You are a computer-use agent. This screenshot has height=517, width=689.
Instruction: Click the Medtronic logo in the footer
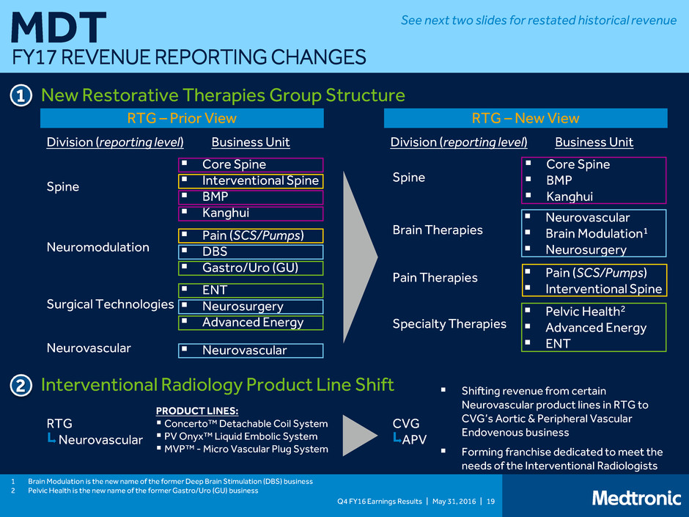[637, 498]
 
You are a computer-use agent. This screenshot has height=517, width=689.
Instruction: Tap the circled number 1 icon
[21, 96]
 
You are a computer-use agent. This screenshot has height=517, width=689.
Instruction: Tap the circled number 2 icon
[21, 386]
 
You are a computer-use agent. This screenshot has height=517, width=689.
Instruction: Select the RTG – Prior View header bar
[182, 118]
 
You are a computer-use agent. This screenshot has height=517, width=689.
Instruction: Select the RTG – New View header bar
[526, 118]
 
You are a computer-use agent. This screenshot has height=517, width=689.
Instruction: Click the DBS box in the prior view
[251, 252]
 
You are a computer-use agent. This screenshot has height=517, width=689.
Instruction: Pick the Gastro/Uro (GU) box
[251, 268]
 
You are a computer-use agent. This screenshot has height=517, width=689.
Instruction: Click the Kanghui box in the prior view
[251, 213]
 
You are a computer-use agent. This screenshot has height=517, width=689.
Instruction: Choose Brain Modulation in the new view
[597, 233]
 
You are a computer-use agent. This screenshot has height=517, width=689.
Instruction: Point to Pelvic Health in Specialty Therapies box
[585, 311]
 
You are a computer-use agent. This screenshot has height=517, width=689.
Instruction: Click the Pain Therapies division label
[435, 278]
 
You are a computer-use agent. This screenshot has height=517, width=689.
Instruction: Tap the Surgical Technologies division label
[110, 304]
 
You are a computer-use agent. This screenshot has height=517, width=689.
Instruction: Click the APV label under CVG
[414, 439]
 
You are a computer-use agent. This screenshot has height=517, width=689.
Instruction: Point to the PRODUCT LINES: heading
[197, 411]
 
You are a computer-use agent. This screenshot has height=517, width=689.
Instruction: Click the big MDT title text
[59, 28]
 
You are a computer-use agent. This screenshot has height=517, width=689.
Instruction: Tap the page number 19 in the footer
[491, 501]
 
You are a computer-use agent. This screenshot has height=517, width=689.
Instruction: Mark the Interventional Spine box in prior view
[251, 181]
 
